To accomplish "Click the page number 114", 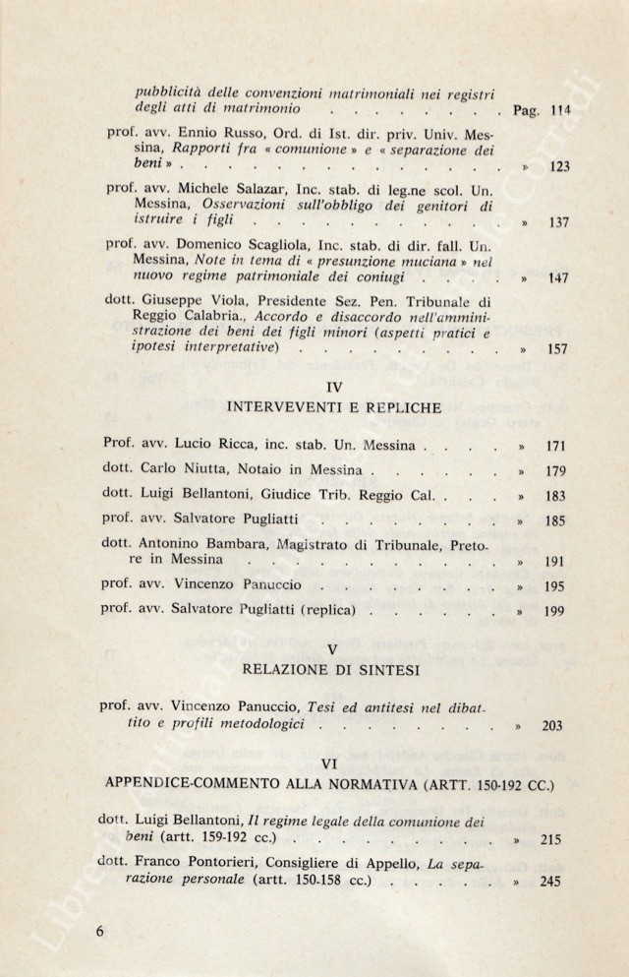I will pyautogui.click(x=561, y=110).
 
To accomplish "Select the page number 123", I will pyautogui.click(x=560, y=166).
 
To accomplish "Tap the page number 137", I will pyautogui.click(x=558, y=222).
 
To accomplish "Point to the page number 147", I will pyautogui.click(x=557, y=278).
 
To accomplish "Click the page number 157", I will pyautogui.click(x=556, y=348).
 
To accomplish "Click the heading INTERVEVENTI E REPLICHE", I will pyautogui.click(x=332, y=406).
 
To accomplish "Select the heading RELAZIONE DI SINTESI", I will pyautogui.click(x=332, y=670).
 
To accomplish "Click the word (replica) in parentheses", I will pyautogui.click(x=327, y=609).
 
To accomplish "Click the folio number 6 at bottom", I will pyautogui.click(x=99, y=931).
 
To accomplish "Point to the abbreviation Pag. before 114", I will pyautogui.click(x=518, y=111).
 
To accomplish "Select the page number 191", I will pyautogui.click(x=555, y=563).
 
